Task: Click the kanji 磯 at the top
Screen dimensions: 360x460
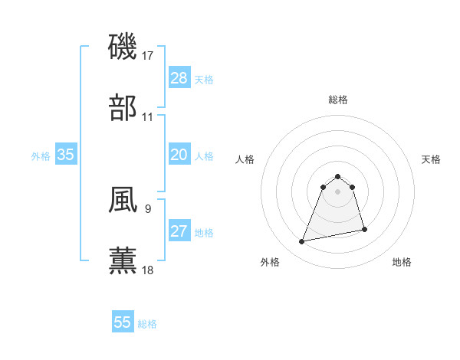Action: (123, 47)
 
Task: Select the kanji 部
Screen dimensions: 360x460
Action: (123, 108)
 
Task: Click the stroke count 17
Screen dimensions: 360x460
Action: (148, 56)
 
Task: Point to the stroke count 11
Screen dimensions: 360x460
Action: (148, 117)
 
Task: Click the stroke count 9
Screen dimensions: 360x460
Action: (147, 208)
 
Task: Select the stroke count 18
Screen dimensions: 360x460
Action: (148, 270)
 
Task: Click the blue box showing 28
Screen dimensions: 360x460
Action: (179, 78)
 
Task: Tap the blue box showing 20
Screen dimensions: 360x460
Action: (179, 155)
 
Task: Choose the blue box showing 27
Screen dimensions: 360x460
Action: (179, 231)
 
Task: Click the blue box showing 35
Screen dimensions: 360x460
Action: (66, 155)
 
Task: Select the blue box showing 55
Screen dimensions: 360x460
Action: (123, 322)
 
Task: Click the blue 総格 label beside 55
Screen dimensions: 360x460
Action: (147, 324)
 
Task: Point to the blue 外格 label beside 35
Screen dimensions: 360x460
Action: (41, 156)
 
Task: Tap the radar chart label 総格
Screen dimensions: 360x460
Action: (338, 100)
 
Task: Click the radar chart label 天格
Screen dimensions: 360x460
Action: (432, 159)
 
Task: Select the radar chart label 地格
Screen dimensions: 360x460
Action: (402, 263)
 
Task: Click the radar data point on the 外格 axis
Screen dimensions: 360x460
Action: (302, 242)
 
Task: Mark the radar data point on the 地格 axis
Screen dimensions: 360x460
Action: (364, 229)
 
